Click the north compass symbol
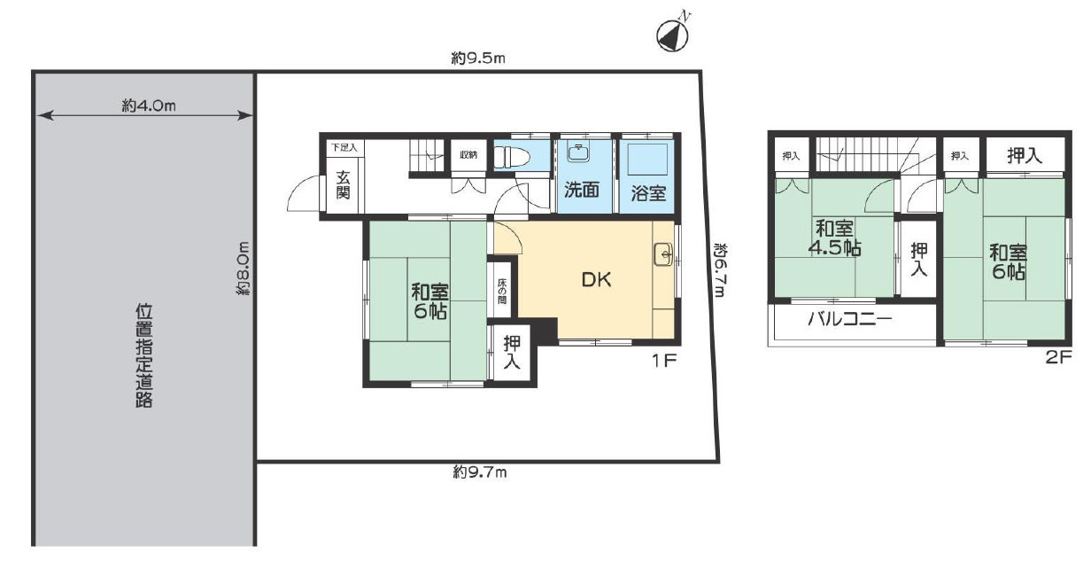pyautogui.click(x=674, y=35)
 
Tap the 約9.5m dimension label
pyautogui.click(x=478, y=58)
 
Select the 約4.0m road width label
pyautogui.click(x=149, y=105)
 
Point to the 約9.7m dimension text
pyautogui.click(x=480, y=472)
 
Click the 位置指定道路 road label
pyautogui.click(x=143, y=355)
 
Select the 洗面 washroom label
pyautogui.click(x=582, y=191)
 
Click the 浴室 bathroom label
pyautogui.click(x=648, y=193)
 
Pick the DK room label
pyautogui.click(x=596, y=279)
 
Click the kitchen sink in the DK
pyautogui.click(x=663, y=253)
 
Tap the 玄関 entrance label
pyautogui.click(x=343, y=184)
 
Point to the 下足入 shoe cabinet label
pyautogui.click(x=344, y=147)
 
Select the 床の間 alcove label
pyautogui.click(x=501, y=291)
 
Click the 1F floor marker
pyautogui.click(x=664, y=361)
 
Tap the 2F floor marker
pyautogui.click(x=1059, y=358)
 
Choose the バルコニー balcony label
pyautogui.click(x=850, y=319)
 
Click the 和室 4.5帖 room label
pyautogui.click(x=834, y=238)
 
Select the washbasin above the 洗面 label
pyautogui.click(x=578, y=152)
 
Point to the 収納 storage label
pyautogui.click(x=468, y=155)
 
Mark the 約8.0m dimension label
pyautogui.click(x=243, y=268)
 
